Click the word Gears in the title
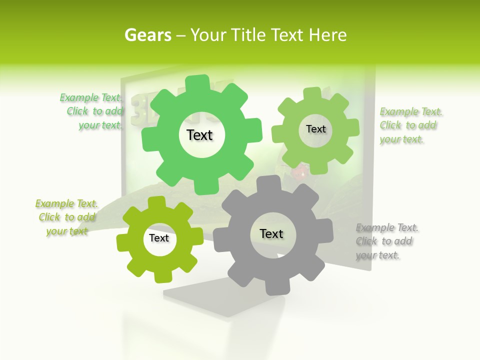pyautogui.click(x=147, y=35)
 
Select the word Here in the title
pyautogui.click(x=327, y=35)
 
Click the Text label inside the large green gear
pyautogui.click(x=200, y=135)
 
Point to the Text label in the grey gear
pyautogui.click(x=271, y=233)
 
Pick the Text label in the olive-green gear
pyautogui.click(x=159, y=238)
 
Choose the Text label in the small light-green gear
pyautogui.click(x=315, y=129)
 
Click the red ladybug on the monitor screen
pyautogui.click(x=299, y=173)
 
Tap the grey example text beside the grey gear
pyautogui.click(x=386, y=241)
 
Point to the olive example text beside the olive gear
pyautogui.click(x=67, y=217)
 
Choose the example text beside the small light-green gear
pyautogui.click(x=410, y=125)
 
